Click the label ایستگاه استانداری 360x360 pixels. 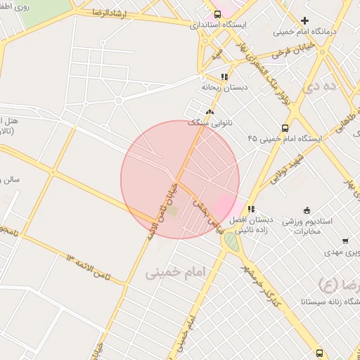point(218,25)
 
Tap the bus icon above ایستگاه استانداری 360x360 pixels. point(217,13)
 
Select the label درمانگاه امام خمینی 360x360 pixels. point(306,32)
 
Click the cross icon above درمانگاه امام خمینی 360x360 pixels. point(304,20)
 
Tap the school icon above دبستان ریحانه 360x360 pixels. point(224,77)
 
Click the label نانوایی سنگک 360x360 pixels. point(209,122)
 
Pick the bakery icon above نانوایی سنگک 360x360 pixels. point(209,111)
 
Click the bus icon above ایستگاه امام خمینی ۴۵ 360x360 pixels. point(285,128)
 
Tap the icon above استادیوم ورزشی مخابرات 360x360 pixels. point(307,210)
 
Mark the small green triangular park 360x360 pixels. point(230,242)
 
